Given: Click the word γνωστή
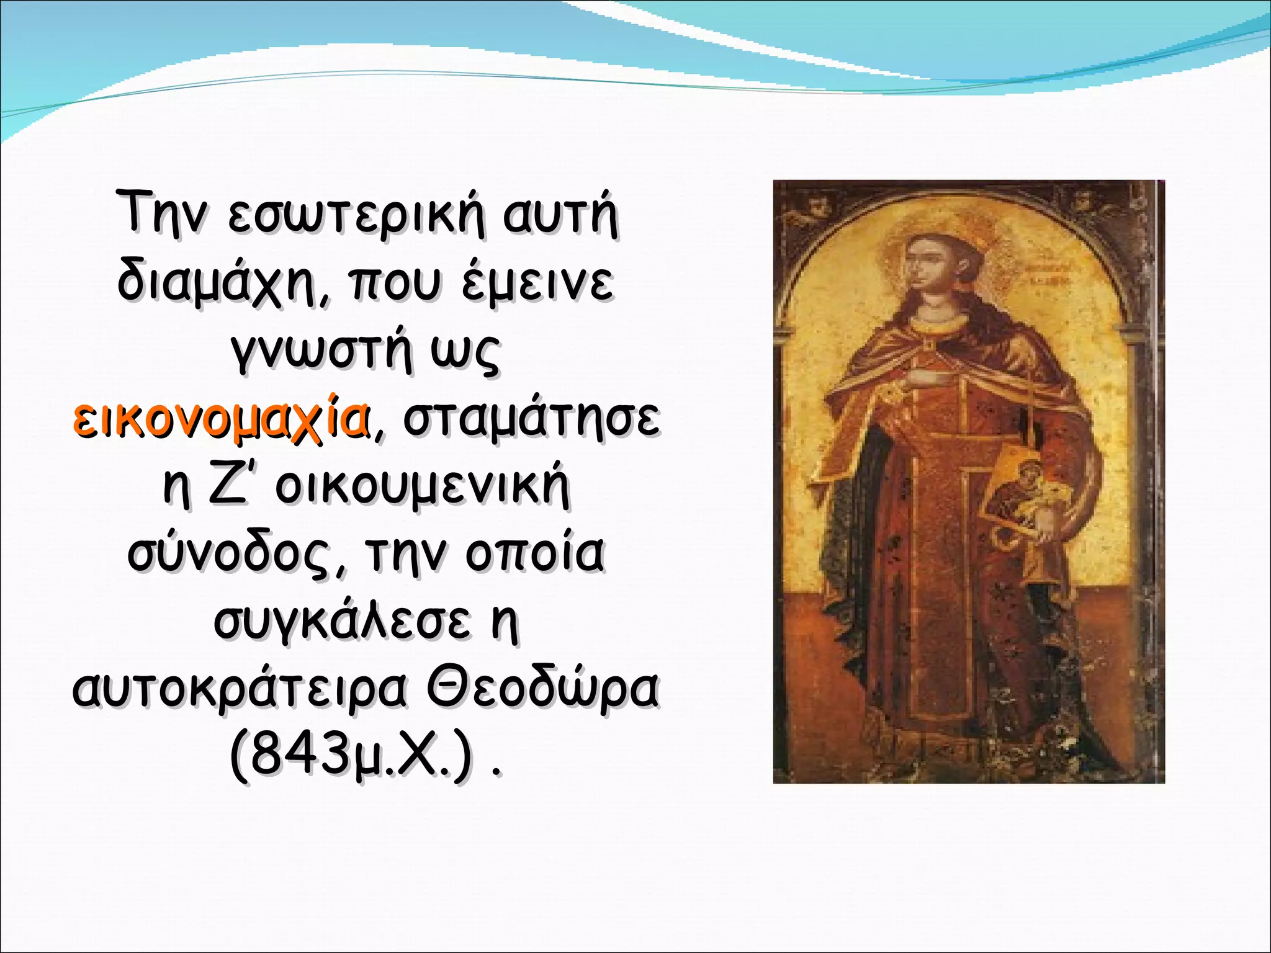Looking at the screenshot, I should [321, 352].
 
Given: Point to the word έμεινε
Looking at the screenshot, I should [537, 284].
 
